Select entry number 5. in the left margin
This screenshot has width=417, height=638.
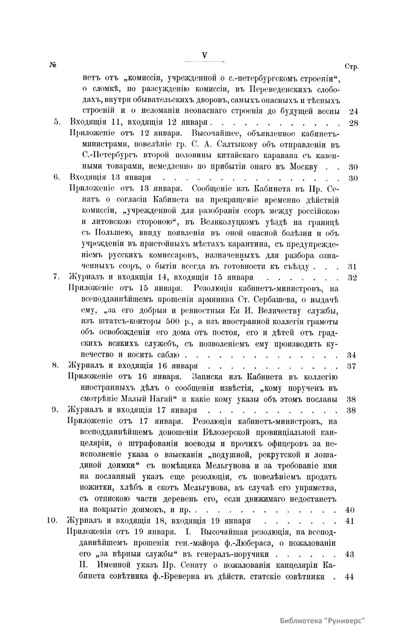pyautogui.click(x=57, y=122)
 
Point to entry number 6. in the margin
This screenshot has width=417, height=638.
pyautogui.click(x=57, y=177)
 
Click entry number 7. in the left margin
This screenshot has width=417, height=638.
pyautogui.click(x=57, y=277)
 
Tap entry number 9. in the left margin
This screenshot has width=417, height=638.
pyautogui.click(x=55, y=410)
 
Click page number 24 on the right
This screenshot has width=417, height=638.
pyautogui.click(x=353, y=112)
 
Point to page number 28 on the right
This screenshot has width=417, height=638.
pyautogui.click(x=353, y=123)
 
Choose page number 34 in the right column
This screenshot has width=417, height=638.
pyautogui.click(x=352, y=355)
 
